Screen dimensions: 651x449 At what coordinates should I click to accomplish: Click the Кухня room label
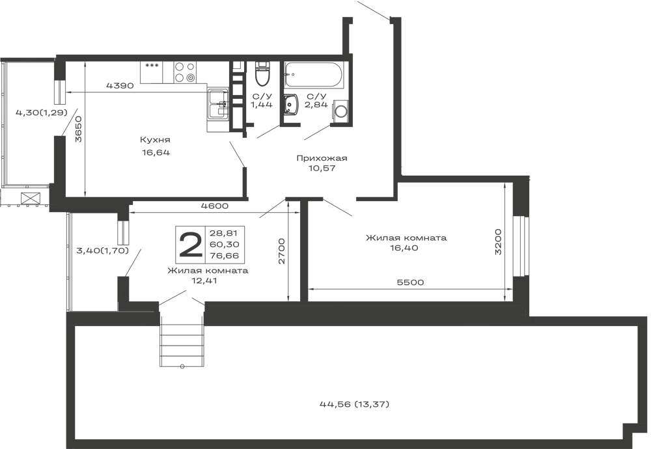[x=155, y=139]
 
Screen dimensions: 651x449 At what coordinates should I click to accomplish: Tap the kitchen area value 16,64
[x=156, y=152]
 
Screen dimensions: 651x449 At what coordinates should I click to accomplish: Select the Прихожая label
[x=322, y=158]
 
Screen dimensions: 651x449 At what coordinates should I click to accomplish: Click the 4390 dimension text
[x=120, y=86]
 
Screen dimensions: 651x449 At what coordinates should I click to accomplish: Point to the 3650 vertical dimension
[x=78, y=129]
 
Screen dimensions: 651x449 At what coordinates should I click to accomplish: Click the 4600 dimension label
[x=215, y=206]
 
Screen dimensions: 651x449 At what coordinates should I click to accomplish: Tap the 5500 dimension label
[x=410, y=282]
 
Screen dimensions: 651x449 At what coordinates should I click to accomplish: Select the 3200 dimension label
[x=499, y=241]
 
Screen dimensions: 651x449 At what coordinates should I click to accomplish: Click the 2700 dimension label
[x=282, y=251]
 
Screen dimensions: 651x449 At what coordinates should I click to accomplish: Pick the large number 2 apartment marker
[x=190, y=245]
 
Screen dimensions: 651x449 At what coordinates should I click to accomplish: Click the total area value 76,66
[x=224, y=256]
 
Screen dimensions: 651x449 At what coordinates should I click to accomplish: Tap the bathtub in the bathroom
[x=314, y=75]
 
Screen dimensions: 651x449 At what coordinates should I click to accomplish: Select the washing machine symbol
[x=341, y=111]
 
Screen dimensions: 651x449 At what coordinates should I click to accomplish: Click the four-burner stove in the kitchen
[x=185, y=72]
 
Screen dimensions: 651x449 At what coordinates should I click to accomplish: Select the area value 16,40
[x=406, y=248]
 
